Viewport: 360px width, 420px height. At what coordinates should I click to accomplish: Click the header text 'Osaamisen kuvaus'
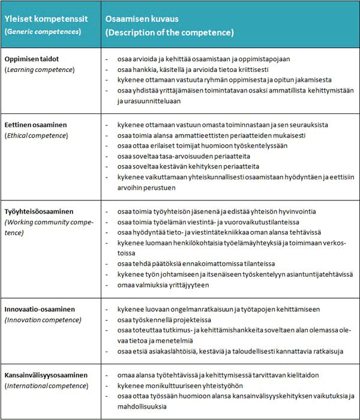pos(138,19)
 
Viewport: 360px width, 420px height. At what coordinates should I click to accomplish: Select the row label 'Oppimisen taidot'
pos(35,59)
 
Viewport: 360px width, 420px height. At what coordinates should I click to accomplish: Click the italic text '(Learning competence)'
pos(39,70)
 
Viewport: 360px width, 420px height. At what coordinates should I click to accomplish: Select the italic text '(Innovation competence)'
pos(43,320)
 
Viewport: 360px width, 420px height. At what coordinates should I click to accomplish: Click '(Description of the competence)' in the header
pos(170,32)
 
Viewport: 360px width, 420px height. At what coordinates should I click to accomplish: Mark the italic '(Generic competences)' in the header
pos(43,31)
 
